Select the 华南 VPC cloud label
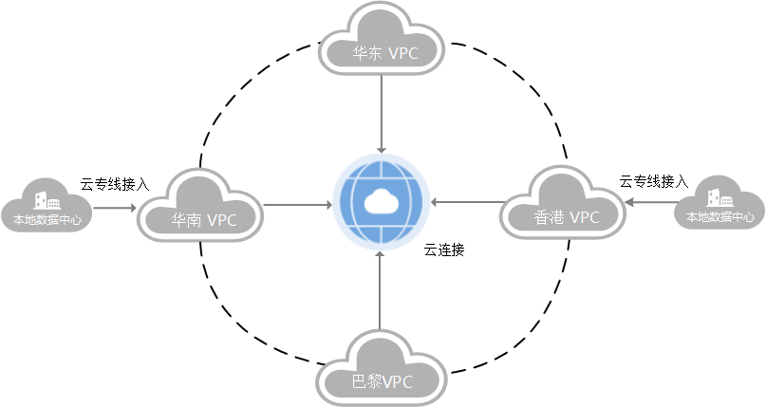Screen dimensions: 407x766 coord(202,220)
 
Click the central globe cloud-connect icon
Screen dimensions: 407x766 coord(380,203)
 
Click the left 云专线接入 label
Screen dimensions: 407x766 coord(115,184)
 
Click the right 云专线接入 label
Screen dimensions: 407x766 coord(653,180)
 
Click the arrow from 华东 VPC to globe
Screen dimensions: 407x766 coord(380,114)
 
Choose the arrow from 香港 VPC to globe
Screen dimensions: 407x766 coord(465,202)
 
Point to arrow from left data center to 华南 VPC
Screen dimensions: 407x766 coord(115,204)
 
